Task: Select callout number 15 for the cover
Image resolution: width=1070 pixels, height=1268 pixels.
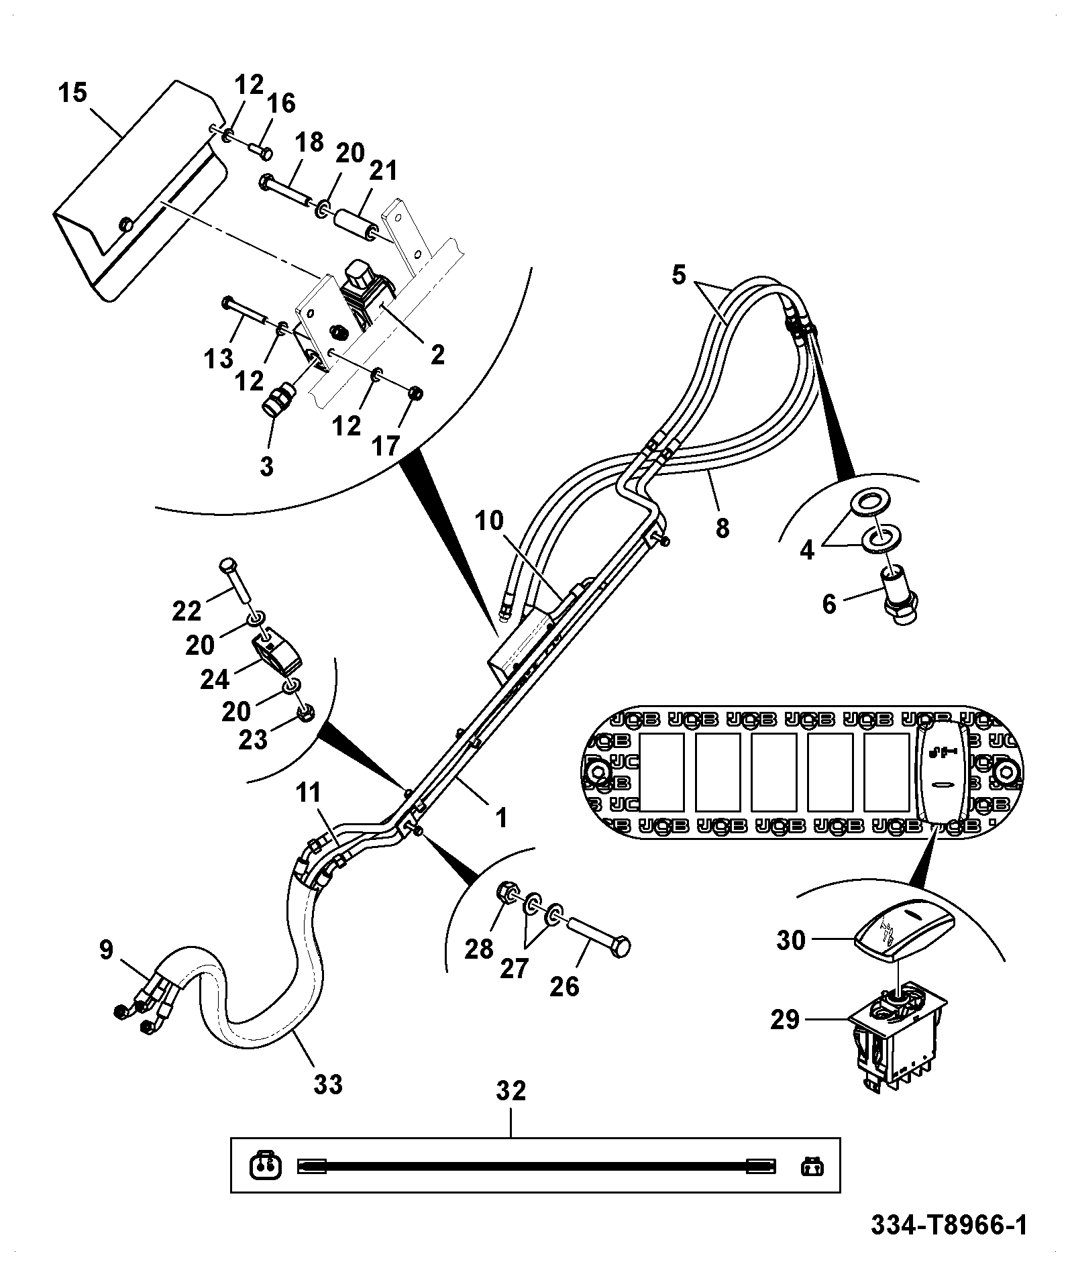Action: [72, 93]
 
